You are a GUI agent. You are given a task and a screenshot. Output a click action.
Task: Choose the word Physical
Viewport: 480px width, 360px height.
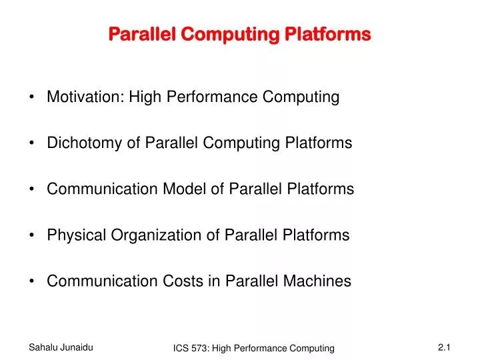[73, 235]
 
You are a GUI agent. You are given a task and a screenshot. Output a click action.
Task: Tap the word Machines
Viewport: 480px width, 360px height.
[317, 281]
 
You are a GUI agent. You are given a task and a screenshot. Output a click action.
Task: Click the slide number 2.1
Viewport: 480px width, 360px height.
[445, 347]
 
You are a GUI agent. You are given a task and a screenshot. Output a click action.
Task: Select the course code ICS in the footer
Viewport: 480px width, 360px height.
[181, 349]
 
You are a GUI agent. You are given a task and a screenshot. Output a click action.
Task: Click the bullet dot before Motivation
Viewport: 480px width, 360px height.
[33, 98]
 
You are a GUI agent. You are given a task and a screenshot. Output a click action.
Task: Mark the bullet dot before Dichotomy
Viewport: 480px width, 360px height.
[33, 144]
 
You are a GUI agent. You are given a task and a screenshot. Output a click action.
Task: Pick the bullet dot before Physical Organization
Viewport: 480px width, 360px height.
[33, 236]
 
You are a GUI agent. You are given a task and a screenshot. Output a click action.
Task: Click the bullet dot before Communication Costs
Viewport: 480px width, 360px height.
[33, 282]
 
